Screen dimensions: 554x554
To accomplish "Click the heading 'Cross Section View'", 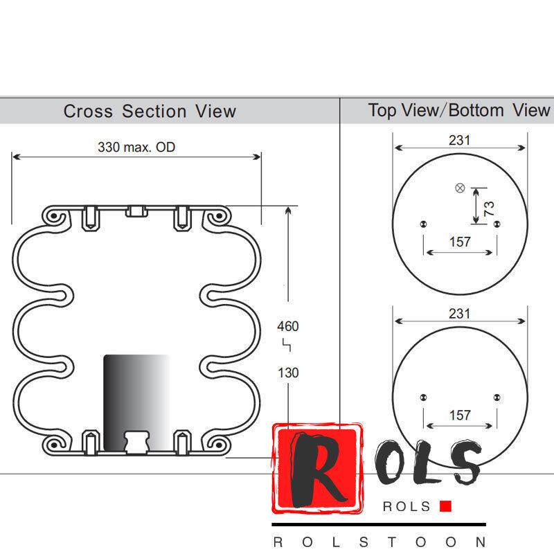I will click(150, 111).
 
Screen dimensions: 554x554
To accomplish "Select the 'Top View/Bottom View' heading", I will click(459, 110).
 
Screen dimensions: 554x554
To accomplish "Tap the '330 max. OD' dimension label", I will click(136, 147).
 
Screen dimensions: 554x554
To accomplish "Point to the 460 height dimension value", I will click(288, 326).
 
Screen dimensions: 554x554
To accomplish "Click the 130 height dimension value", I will click(288, 373).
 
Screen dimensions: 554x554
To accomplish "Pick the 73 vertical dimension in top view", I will click(490, 208).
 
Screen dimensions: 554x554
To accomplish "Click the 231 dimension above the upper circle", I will click(459, 140).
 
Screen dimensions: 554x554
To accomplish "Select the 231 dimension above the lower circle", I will click(459, 313).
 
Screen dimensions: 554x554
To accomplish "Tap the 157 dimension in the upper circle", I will click(460, 242).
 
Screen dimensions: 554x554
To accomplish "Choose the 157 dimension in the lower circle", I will click(460, 415).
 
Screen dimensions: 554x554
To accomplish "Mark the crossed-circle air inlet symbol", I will click(459, 188).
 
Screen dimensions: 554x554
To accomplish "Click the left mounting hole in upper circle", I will click(423, 224).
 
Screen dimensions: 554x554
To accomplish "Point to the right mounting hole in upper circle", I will click(497, 224).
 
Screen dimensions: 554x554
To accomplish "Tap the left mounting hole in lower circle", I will click(423, 397).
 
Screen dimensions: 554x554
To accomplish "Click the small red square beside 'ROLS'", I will click(445, 506).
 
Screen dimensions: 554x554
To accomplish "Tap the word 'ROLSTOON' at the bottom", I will click(379, 541).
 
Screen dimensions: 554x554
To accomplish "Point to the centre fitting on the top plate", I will click(136, 210).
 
